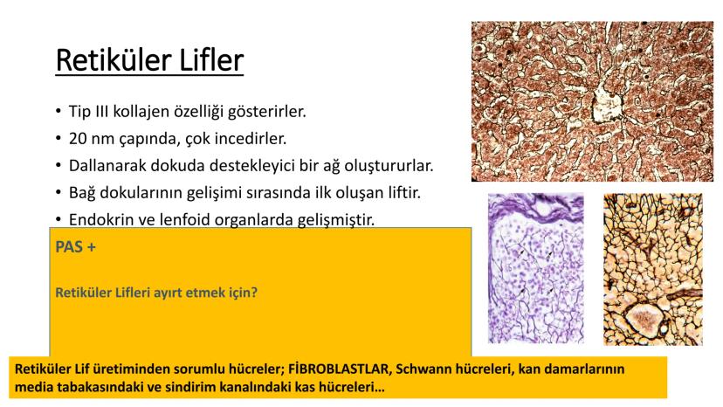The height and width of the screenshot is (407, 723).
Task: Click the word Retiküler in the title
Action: point(114,60)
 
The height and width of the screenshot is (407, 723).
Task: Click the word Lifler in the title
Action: point(211,60)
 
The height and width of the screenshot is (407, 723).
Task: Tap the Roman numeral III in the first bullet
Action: point(102,111)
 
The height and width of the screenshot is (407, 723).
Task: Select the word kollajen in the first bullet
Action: point(141,112)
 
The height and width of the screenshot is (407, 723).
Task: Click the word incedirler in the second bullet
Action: point(253,139)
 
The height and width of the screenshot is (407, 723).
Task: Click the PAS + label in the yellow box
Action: point(76,247)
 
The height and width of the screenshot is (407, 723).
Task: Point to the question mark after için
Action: point(253,292)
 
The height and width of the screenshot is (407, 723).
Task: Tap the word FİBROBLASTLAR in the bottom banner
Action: point(339,369)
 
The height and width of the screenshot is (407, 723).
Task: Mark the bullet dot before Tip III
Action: point(59,112)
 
